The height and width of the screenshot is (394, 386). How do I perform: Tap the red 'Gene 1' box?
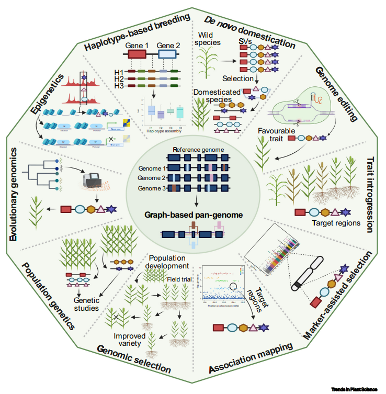click(137, 54)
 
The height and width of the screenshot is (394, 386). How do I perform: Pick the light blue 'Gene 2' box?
click(167, 54)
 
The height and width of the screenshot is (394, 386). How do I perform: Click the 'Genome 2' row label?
click(151, 178)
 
